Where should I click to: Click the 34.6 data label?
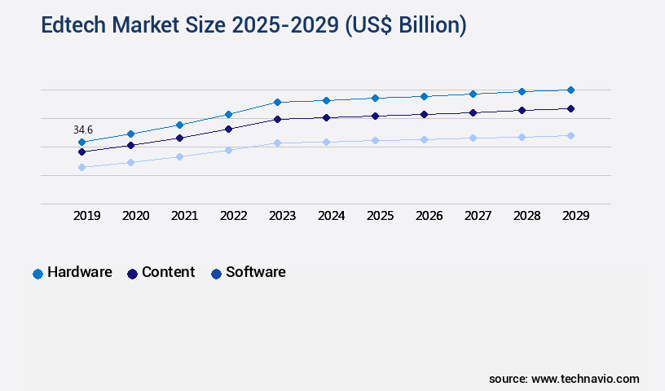tap(83, 130)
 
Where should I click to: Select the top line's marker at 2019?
tap(81, 143)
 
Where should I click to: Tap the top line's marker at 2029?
tap(570, 90)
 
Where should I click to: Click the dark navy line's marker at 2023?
tap(277, 119)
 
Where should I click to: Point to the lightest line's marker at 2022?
tap(228, 150)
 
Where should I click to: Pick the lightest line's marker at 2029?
tap(570, 135)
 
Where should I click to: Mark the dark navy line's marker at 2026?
tap(424, 114)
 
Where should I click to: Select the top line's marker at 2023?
tap(277, 102)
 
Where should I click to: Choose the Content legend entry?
tap(161, 273)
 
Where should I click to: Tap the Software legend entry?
tap(248, 273)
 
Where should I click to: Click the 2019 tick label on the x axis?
tap(87, 216)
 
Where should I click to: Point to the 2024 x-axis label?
tap(332, 216)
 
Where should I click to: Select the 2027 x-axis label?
tap(478, 216)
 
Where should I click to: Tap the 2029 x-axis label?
tap(576, 216)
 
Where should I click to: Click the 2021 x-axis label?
tap(185, 216)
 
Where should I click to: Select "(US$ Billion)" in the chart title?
tap(405, 25)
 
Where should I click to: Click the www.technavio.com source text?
tap(585, 379)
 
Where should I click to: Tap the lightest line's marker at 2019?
tap(81, 167)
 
